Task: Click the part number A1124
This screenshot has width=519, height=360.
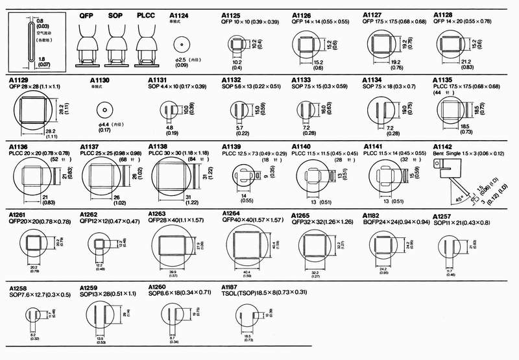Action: [x=180, y=14]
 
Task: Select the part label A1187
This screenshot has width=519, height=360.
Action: [x=229, y=287]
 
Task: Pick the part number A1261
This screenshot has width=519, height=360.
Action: [x=18, y=215]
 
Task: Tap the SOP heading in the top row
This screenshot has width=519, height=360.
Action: [x=116, y=14]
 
